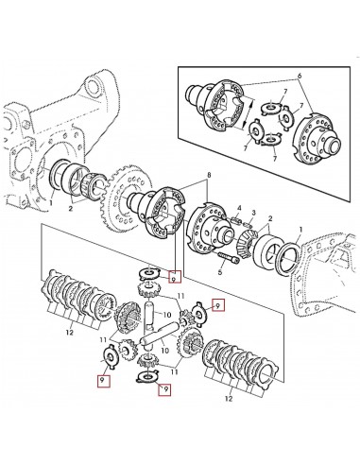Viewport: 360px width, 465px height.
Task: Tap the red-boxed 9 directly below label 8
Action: pyautogui.click(x=173, y=278)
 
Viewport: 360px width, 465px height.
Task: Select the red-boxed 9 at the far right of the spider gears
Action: pyautogui.click(x=218, y=305)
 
